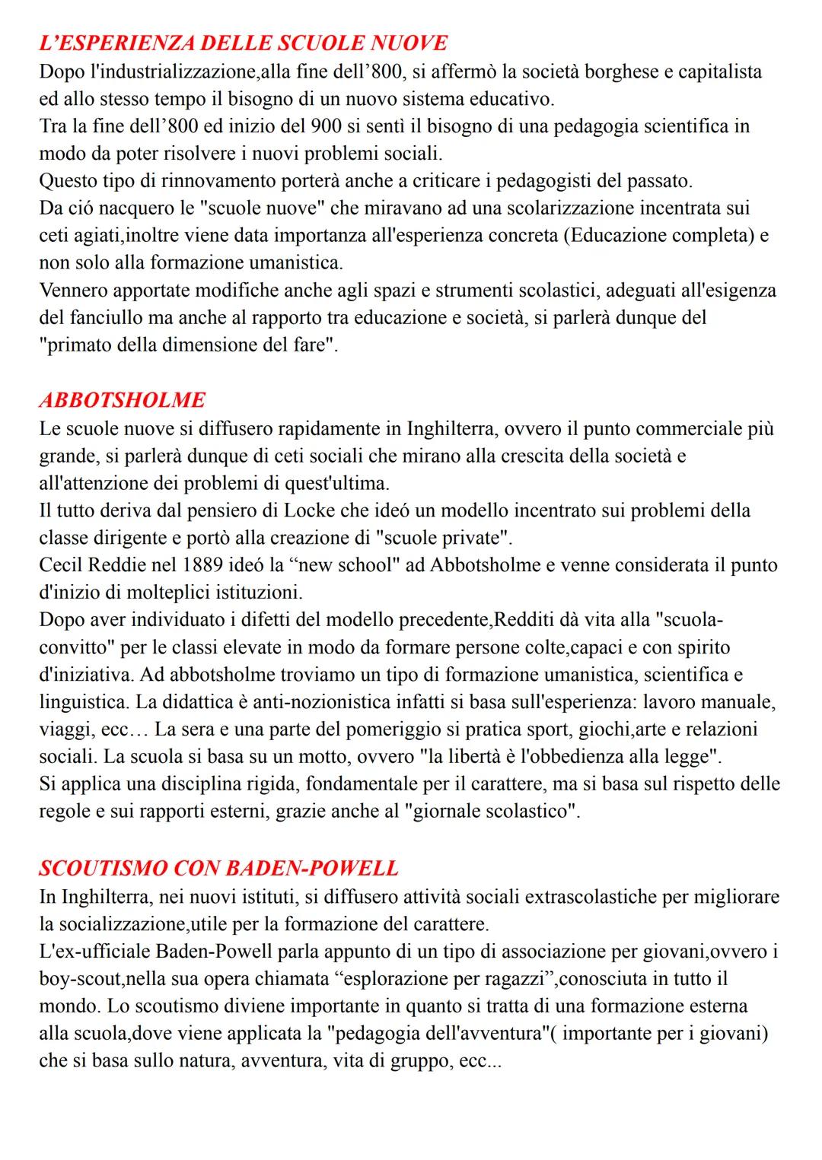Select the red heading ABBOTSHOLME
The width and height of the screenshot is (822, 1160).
tap(122, 400)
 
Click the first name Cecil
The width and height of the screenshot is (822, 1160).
tap(60, 565)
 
